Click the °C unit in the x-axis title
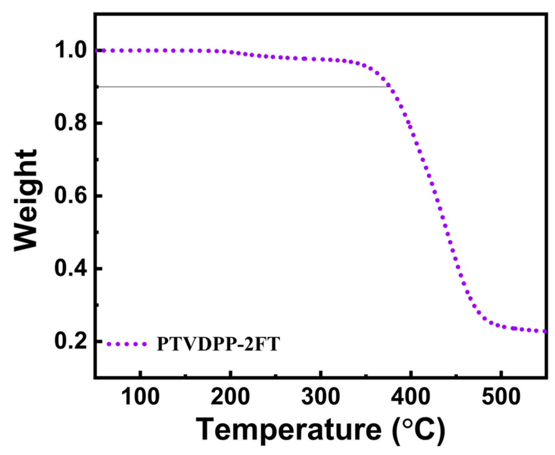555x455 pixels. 419,430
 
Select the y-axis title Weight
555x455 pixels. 26,200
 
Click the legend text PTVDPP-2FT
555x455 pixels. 218,344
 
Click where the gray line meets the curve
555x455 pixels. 389,86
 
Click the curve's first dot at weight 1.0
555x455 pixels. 97,51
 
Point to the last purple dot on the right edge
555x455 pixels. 544,331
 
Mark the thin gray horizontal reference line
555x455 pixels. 242,86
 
